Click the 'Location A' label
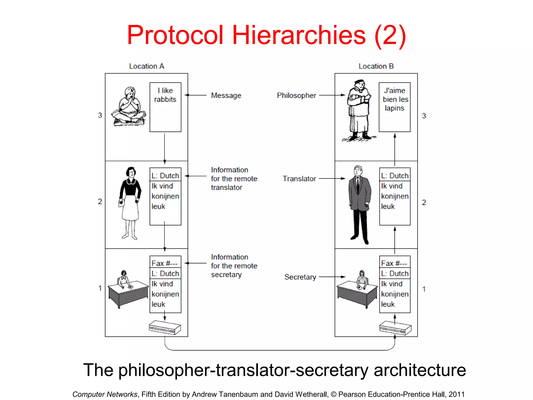click(147, 66)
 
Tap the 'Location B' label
click(376, 66)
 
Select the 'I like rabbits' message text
click(165, 95)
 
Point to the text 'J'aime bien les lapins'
click(395, 99)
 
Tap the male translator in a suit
click(360, 204)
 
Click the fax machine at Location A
click(164, 328)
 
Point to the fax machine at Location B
click(395, 328)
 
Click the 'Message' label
click(226, 96)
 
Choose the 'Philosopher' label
click(296, 96)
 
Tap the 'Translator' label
click(299, 179)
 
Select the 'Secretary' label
click(300, 277)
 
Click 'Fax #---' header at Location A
click(164, 263)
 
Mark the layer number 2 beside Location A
click(100, 201)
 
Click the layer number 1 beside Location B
click(424, 289)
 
